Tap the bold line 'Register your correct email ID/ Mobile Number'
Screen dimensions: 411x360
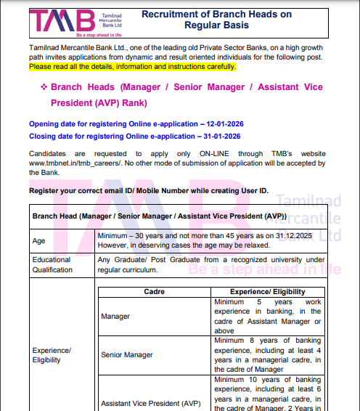(x=148, y=190)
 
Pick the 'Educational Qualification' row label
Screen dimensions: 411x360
(x=52, y=264)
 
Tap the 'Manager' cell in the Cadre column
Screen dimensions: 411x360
(x=116, y=317)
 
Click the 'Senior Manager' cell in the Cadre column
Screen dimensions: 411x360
(x=128, y=355)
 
